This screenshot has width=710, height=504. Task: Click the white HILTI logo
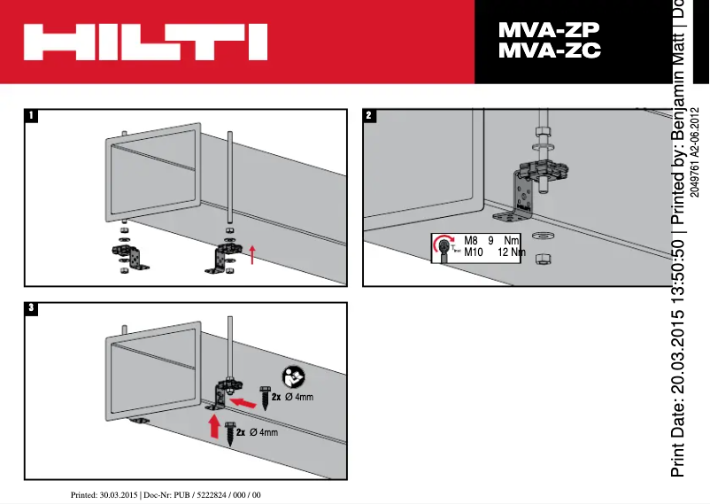pyautogui.click(x=144, y=42)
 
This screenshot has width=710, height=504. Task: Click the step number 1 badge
pyautogui.click(x=32, y=115)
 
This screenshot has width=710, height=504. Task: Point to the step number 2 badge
pyautogui.click(x=369, y=115)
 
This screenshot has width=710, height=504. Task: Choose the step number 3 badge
pyautogui.click(x=32, y=308)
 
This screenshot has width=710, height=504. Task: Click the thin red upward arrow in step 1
pyautogui.click(x=252, y=255)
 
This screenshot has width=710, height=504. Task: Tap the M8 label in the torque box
pyautogui.click(x=472, y=240)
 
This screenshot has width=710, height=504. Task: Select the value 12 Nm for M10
pyautogui.click(x=511, y=252)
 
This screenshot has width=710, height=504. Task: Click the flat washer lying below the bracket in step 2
pyautogui.click(x=542, y=235)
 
